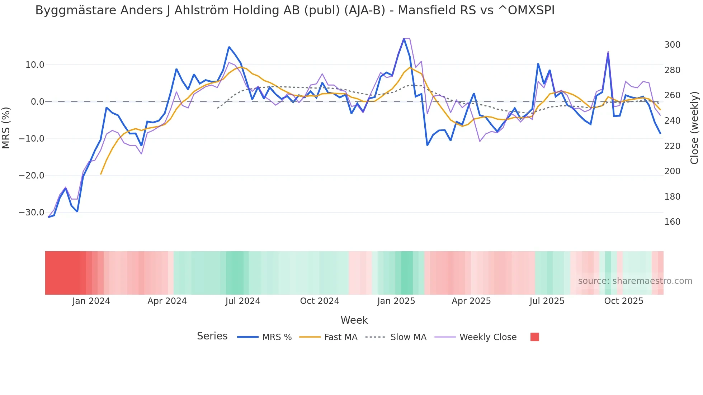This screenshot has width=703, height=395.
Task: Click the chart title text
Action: tap(295, 10)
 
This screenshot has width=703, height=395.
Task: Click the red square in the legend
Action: tap(534, 337)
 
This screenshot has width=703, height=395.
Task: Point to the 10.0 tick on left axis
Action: tap(35, 65)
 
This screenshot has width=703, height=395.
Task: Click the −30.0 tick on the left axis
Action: tap(32, 213)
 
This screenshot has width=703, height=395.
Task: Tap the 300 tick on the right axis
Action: tap(672, 45)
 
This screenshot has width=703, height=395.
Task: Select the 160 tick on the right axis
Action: tap(672, 222)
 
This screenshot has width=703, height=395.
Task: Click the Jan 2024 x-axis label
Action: tap(91, 301)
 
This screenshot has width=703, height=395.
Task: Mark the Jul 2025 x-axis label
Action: tap(547, 301)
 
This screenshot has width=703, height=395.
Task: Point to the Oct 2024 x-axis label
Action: tap(320, 301)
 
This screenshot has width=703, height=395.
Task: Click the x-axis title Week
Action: tap(354, 320)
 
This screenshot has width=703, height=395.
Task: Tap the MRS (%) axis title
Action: tap(6, 128)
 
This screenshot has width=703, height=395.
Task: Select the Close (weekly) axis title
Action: tap(694, 128)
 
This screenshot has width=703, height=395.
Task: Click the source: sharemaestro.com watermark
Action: tap(635, 281)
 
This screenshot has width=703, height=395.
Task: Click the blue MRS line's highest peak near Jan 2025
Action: tap(404, 39)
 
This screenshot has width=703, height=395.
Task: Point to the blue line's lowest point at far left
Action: tap(49, 217)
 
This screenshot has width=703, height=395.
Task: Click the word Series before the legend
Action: tap(212, 336)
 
